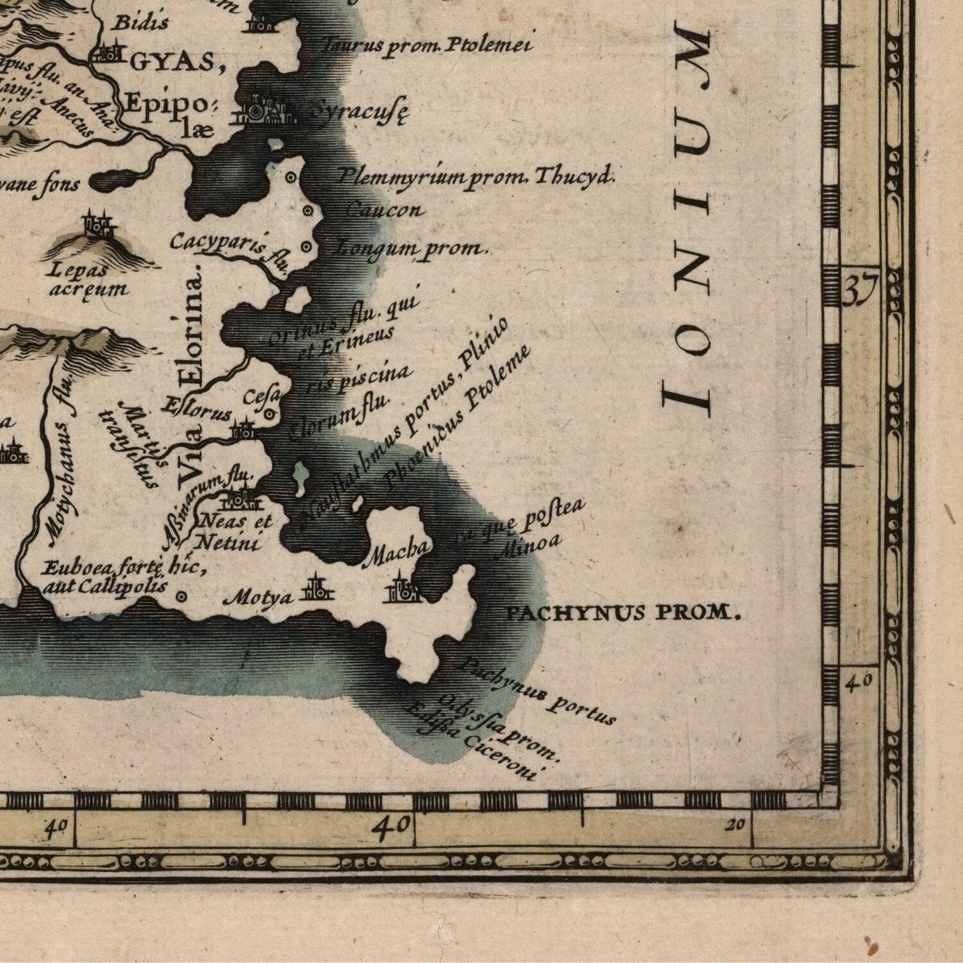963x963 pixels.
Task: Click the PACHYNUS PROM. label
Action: point(623,612)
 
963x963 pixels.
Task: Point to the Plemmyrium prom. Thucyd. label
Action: point(475,176)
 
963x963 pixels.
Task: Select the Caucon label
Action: point(383,211)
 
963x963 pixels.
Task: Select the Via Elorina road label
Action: point(192,373)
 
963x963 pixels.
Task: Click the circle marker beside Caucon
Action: point(309,211)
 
